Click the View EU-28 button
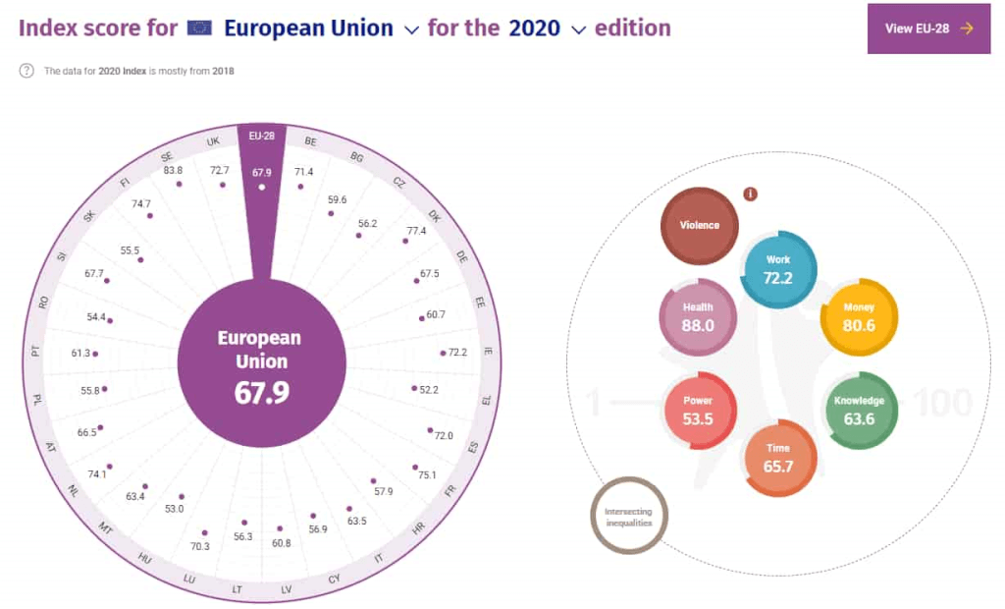[x=928, y=28]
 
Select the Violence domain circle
[x=699, y=226]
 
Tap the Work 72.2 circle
[x=777, y=269]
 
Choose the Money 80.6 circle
[x=858, y=316]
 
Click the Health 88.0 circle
[x=697, y=316]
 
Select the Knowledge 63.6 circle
[x=859, y=411]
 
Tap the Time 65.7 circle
[x=777, y=458]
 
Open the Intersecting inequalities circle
[x=628, y=517]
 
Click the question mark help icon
[x=26, y=71]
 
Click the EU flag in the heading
[x=199, y=28]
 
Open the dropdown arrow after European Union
[x=411, y=30]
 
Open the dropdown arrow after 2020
[x=578, y=30]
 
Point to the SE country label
[x=167, y=156]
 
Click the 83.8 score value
[x=173, y=170]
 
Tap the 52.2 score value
[x=428, y=390]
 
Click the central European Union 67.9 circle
[x=261, y=364]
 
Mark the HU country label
[x=145, y=559]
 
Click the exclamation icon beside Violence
[x=751, y=194]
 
